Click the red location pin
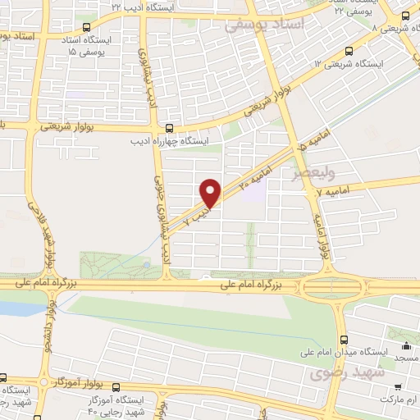click(211, 192)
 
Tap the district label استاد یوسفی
click(264, 25)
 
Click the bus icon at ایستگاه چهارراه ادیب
click(168, 128)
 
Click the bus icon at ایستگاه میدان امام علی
click(344, 338)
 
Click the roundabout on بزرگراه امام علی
click(332, 287)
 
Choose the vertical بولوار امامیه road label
click(322, 235)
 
